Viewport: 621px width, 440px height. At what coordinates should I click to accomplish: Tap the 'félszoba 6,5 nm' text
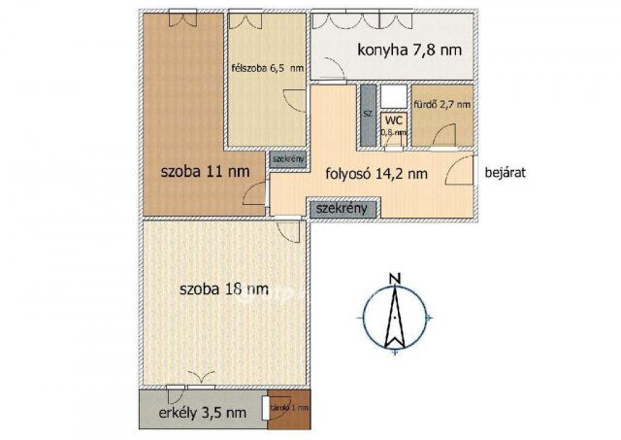[x=266, y=68]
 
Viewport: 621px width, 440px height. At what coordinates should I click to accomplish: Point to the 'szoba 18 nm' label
[x=224, y=288]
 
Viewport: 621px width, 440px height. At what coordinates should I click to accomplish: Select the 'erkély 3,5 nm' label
[x=202, y=413]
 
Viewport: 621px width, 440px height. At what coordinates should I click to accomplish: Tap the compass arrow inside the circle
[x=394, y=319]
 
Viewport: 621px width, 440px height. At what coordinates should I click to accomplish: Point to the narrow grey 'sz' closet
[x=368, y=116]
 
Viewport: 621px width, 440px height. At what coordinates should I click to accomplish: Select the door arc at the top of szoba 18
[x=288, y=228]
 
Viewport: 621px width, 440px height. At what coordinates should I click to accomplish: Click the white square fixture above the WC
[x=393, y=95]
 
